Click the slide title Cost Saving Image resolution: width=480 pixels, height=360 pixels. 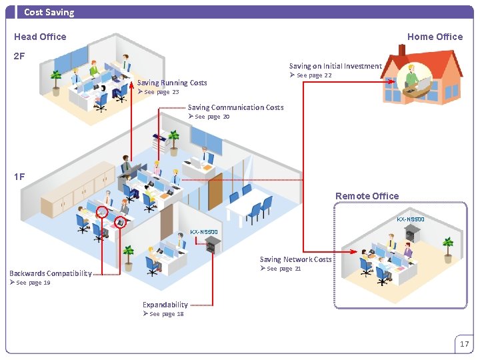click(49, 12)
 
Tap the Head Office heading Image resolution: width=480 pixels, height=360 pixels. click(40, 37)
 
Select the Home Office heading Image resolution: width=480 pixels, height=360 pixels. click(435, 37)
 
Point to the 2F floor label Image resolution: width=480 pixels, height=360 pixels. click(20, 56)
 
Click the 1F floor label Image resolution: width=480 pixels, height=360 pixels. click(20, 177)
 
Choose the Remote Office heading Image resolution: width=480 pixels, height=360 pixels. click(367, 196)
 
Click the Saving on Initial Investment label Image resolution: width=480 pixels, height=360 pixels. click(335, 66)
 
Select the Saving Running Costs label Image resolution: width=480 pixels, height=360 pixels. click(172, 83)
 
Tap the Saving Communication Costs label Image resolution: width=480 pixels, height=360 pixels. click(235, 107)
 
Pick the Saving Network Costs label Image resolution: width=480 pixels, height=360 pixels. click(295, 259)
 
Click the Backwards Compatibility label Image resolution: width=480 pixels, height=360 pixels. click(51, 273)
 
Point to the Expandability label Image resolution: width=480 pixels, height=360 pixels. click(165, 305)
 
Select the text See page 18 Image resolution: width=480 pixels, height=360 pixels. click(167, 314)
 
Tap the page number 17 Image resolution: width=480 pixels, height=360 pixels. click(464, 344)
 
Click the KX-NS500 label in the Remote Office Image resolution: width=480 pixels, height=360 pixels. click(411, 219)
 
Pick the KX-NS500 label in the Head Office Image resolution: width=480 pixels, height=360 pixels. click(204, 232)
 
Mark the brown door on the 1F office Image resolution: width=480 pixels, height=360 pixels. click(215, 191)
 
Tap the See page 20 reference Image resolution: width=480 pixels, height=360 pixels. click(212, 117)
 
